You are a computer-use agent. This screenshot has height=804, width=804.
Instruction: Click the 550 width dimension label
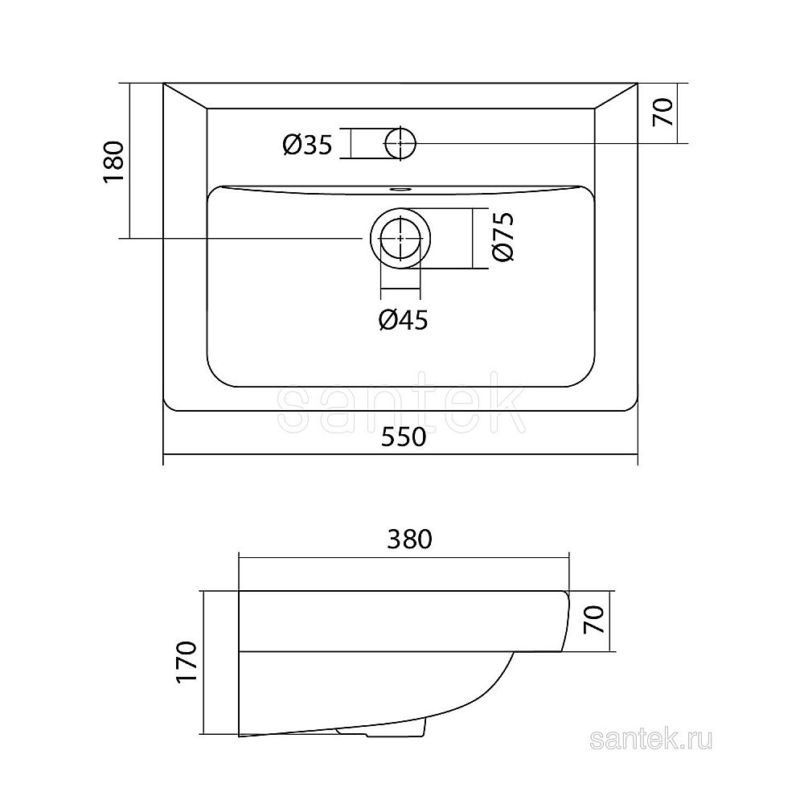click(x=404, y=437)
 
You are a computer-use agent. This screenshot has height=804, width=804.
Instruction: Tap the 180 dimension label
click(x=114, y=162)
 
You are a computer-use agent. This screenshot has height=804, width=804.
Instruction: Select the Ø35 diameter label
click(x=308, y=145)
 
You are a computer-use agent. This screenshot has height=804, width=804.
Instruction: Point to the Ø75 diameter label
click(x=502, y=236)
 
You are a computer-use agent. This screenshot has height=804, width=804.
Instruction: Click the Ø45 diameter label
click(x=403, y=321)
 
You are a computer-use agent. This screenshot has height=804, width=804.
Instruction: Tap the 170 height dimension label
click(x=187, y=661)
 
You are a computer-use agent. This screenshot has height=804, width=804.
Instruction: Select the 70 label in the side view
click(x=593, y=619)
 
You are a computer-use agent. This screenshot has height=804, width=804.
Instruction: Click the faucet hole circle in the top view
click(x=400, y=143)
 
